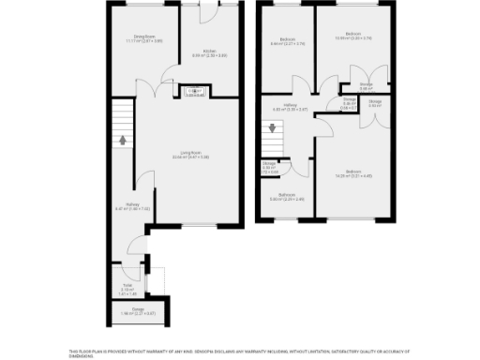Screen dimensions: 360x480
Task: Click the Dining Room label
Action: click(143, 39)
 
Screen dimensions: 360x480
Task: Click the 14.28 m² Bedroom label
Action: click(353, 172)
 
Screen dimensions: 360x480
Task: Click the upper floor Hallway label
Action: click(296, 108)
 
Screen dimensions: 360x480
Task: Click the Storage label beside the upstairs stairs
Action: click(270, 169)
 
